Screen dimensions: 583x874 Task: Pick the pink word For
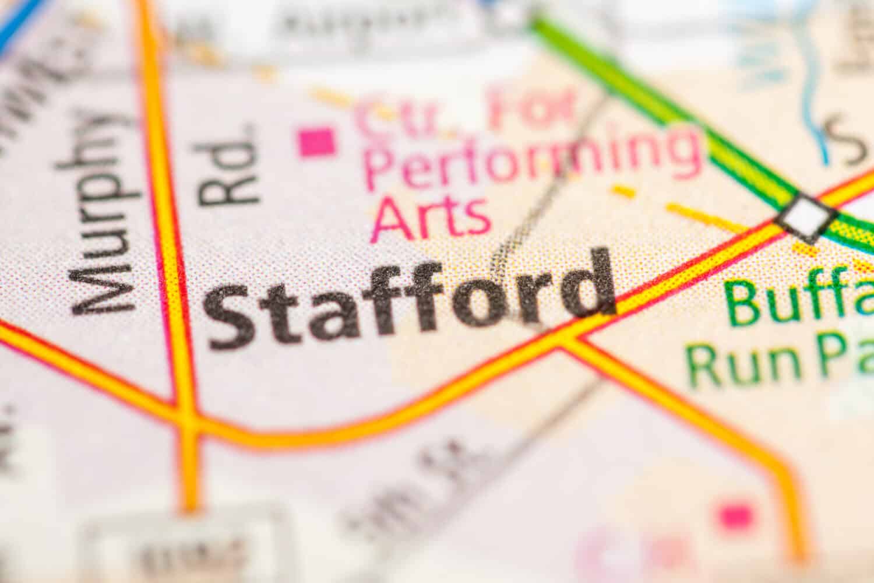coord(530,108)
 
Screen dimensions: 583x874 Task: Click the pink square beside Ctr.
coord(318,142)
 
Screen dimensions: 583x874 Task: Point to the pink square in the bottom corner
coord(736,515)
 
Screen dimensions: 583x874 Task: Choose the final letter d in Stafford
coord(588,286)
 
